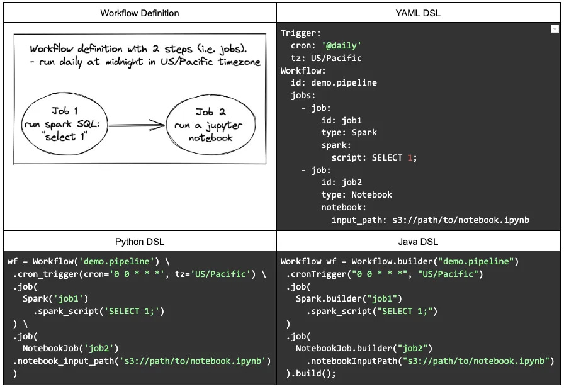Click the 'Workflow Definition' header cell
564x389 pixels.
coord(140,13)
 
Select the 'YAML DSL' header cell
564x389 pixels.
coord(419,13)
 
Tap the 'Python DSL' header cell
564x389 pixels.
coord(140,242)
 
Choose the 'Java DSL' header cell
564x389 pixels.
coord(419,242)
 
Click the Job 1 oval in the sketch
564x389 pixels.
coord(64,123)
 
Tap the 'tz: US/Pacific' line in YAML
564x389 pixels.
coord(326,58)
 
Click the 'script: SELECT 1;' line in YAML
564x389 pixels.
coord(374,157)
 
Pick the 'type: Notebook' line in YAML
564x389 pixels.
coord(356,194)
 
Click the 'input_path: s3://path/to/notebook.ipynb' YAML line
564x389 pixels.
coord(430,220)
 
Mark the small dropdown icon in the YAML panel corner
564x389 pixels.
coord(555,29)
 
